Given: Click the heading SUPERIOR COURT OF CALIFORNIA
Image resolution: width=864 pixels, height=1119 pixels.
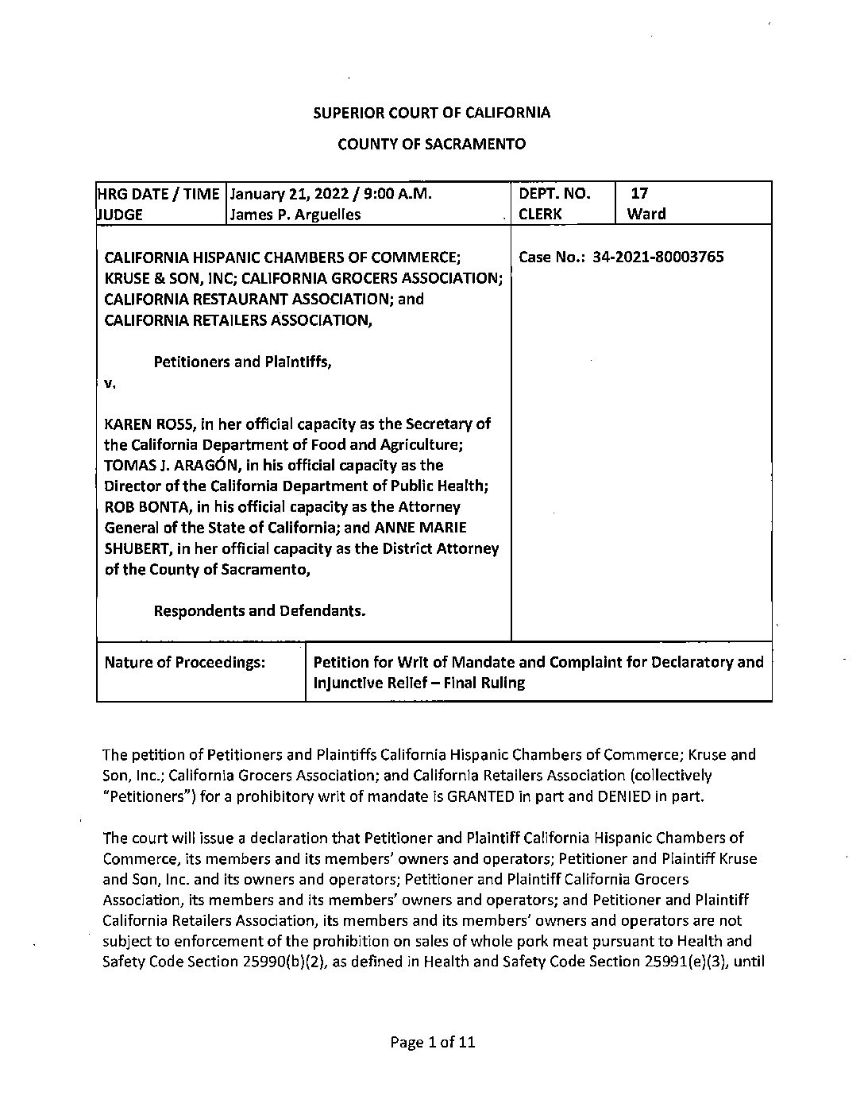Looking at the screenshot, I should [x=431, y=112].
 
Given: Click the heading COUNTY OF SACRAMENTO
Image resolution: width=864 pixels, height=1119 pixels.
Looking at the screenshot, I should [x=431, y=144].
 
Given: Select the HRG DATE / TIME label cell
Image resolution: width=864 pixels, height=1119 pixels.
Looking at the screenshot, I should [x=158, y=193].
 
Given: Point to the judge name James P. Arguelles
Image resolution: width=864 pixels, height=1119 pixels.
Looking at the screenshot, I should [x=295, y=214].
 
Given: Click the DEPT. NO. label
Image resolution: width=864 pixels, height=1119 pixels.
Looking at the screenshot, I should [x=554, y=193].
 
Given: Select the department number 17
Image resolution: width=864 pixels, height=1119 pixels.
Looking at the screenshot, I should [x=640, y=193].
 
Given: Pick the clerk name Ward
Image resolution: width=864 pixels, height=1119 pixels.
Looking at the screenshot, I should [x=646, y=214].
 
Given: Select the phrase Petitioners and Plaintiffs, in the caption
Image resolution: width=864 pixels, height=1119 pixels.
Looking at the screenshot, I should [x=242, y=362].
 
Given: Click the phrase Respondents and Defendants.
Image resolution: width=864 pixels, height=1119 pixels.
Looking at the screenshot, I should [x=259, y=610].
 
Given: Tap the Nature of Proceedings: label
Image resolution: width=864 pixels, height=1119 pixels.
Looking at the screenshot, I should [x=184, y=662].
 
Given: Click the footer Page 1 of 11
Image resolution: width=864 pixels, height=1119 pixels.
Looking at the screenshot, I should [x=433, y=1042].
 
